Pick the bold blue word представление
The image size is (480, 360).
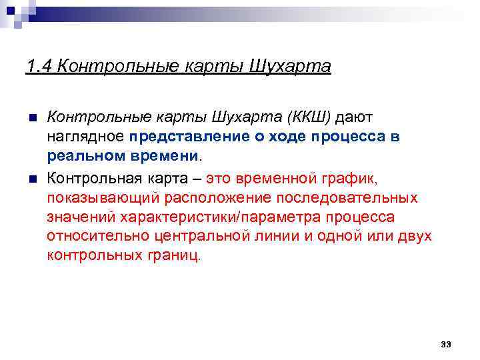pos(193,137)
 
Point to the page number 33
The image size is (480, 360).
pos(446,344)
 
